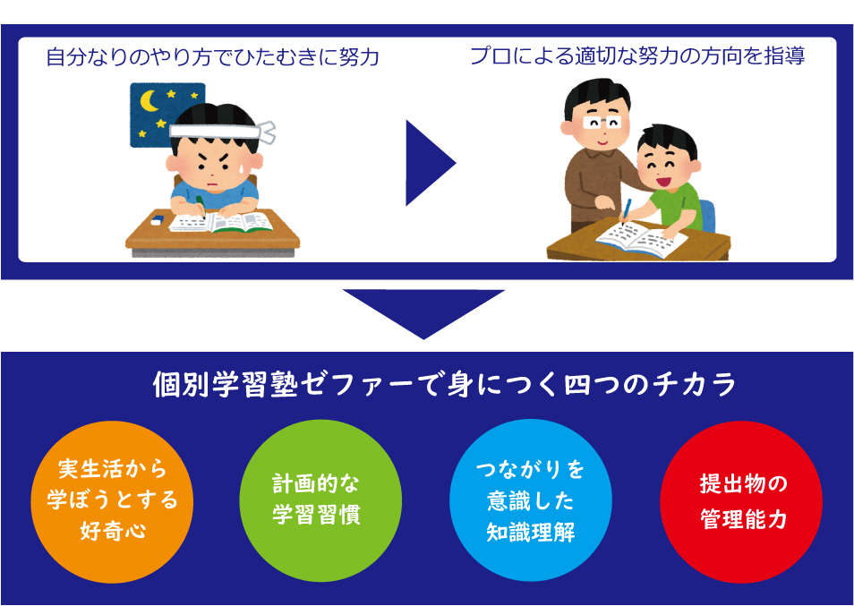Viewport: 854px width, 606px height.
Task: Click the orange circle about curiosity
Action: tap(112, 501)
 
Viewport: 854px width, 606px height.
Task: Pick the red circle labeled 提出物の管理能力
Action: tap(741, 501)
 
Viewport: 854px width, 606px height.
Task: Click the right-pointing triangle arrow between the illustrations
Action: tap(428, 163)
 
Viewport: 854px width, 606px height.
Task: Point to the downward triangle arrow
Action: tap(423, 313)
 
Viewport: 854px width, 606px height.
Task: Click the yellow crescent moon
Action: tap(148, 101)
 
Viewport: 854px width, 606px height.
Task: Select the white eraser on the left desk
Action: tap(157, 220)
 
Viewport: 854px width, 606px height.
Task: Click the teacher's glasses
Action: tap(602, 123)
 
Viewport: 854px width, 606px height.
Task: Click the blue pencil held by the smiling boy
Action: tap(627, 210)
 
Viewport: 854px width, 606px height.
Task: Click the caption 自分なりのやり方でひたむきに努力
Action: tap(212, 56)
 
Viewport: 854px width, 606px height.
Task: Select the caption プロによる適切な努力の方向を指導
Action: tap(637, 56)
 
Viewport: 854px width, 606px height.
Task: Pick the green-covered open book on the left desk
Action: tap(220, 222)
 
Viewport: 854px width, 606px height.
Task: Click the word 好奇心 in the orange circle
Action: tap(113, 530)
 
